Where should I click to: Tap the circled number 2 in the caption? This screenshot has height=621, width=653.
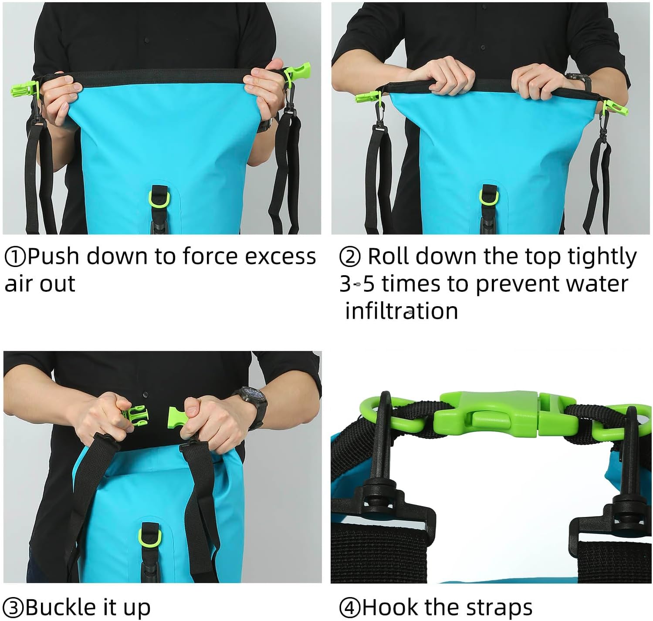click(350, 257)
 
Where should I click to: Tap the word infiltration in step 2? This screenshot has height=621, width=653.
click(401, 311)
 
